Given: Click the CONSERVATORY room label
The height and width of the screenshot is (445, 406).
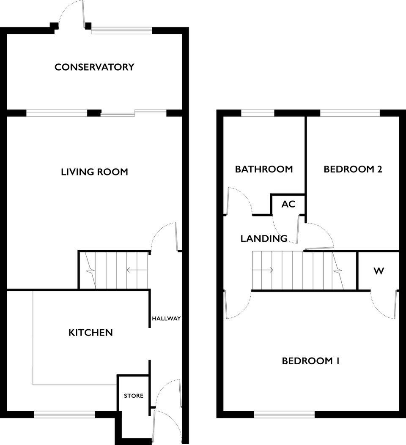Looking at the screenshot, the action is (94, 67).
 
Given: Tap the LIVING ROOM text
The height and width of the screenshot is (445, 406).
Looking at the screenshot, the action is (95, 172).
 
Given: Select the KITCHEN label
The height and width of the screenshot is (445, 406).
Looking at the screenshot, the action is (91, 332).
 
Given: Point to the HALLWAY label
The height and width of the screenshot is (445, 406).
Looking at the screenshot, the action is (166, 318).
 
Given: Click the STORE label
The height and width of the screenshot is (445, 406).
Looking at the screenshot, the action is (134, 396).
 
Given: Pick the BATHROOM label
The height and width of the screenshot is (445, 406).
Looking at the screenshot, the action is (264, 169).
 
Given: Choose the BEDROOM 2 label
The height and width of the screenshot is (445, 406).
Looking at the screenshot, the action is (353, 169).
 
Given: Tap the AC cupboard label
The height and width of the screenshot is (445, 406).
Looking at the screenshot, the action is (288, 204).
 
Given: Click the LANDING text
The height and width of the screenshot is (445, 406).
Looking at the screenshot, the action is (264, 238).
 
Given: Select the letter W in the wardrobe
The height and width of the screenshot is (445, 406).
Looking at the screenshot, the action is (379, 271).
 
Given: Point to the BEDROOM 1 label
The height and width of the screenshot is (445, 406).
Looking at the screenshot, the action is (310, 361).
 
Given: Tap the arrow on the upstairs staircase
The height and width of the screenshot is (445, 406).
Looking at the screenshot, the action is (263, 270).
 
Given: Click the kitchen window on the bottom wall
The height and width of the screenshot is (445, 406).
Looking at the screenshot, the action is (64, 414).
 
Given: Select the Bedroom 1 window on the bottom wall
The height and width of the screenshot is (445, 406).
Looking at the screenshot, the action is (285, 415).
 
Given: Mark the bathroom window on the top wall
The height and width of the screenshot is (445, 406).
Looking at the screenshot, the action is (258, 113).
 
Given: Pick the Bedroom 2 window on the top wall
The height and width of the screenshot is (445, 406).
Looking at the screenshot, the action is (350, 113).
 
